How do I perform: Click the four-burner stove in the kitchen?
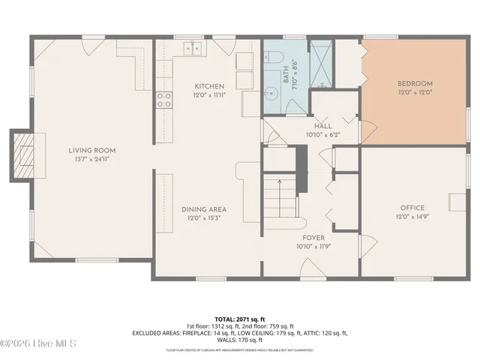pyautogui.click(x=163, y=100)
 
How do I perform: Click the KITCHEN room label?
pyautogui.click(x=208, y=86)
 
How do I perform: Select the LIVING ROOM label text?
pyautogui.click(x=93, y=150)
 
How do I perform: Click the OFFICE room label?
pyautogui.click(x=412, y=208)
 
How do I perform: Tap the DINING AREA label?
pyautogui.click(x=204, y=209)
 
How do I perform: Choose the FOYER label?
pyautogui.click(x=313, y=238)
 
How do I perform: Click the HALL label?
pyautogui.click(x=323, y=126)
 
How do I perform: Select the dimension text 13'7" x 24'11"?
pyautogui.click(x=93, y=160)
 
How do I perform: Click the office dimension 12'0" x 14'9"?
pyautogui.click(x=412, y=217)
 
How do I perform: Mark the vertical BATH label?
pyautogui.click(x=286, y=74)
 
